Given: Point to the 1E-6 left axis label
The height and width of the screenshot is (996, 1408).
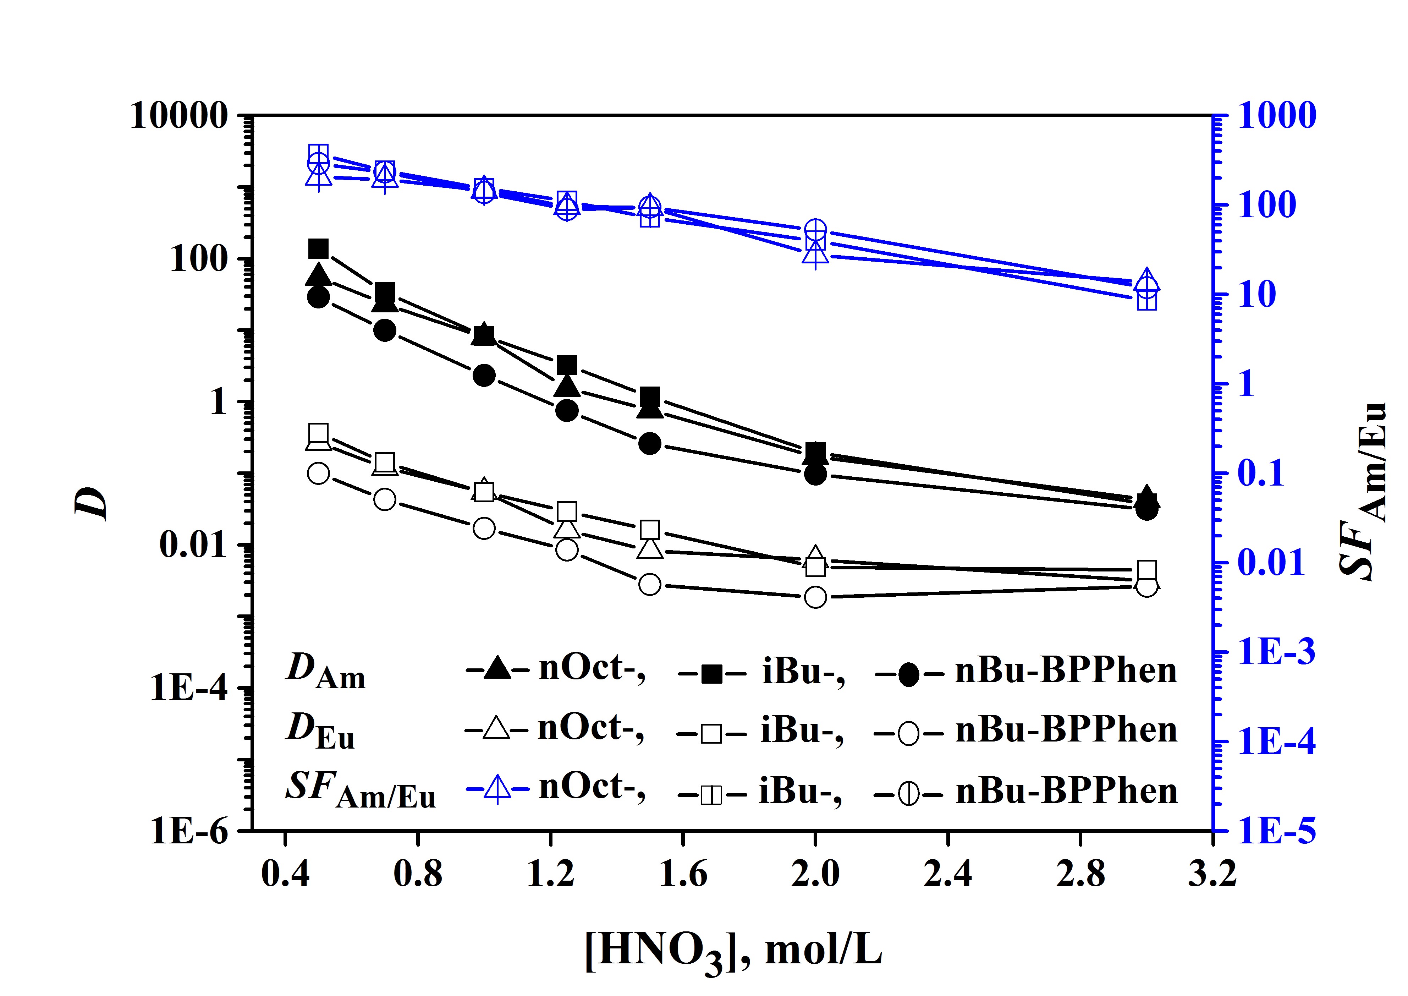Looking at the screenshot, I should pos(189,832).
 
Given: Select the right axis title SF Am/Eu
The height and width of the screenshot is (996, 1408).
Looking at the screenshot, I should pos(1363,491).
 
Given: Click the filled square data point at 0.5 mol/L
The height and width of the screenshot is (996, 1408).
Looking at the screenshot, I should pos(318,249).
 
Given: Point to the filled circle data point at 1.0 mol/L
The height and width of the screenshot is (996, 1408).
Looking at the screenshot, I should pos(484,375).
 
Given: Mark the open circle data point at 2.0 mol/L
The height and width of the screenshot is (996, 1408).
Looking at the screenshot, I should pos(815,597).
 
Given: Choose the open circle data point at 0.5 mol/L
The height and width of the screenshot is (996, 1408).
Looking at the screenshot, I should pos(318,473).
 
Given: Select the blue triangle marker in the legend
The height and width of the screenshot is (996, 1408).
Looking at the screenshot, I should pos(497,789).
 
